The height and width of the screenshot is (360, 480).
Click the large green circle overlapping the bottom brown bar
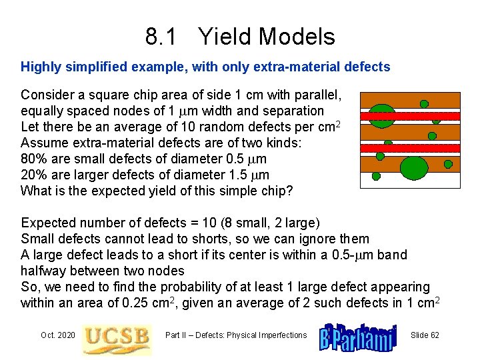coord(413,167)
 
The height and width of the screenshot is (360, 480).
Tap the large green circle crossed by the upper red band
coord(382,116)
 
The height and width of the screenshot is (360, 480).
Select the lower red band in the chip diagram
coord(410,148)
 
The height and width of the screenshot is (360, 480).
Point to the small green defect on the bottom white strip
coord(375,177)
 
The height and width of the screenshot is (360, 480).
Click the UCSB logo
coord(116,337)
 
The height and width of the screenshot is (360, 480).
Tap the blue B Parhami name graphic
coord(358,335)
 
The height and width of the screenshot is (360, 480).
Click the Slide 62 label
coord(425,335)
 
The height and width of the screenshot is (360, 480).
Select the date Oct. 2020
coord(58,335)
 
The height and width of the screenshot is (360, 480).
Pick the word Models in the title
coord(299,36)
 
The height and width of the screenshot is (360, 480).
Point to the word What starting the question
coord(36,191)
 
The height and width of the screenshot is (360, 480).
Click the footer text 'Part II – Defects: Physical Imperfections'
coord(236,335)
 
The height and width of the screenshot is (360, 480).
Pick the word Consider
coord(47,95)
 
